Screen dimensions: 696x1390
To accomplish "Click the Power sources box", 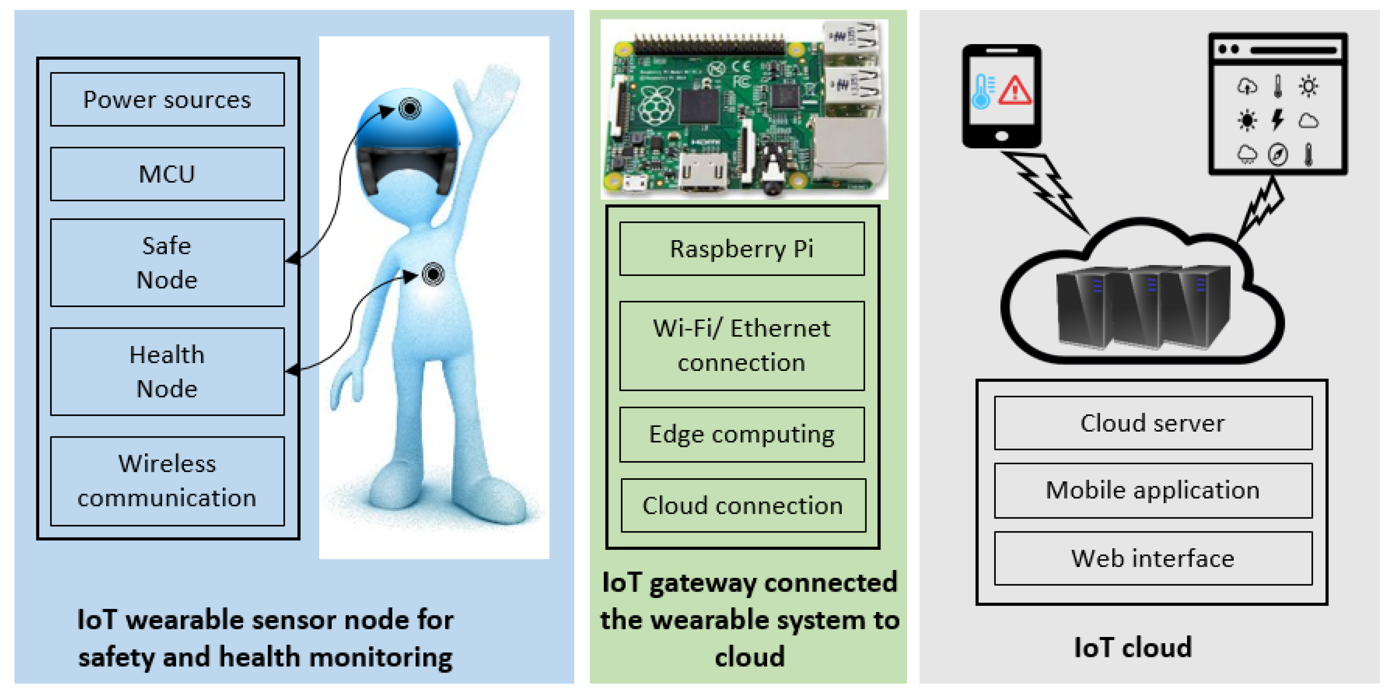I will [x=167, y=100].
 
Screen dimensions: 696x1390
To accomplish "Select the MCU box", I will [x=167, y=174].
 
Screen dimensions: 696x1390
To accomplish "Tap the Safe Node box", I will [x=167, y=263].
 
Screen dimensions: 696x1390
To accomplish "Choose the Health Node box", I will [x=167, y=371].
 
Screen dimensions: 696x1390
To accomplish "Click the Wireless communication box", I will [x=167, y=481].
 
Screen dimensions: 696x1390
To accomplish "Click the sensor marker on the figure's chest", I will [x=433, y=274].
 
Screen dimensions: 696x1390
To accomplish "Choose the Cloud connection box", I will [x=742, y=505].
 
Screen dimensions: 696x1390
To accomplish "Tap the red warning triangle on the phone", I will [x=1015, y=91].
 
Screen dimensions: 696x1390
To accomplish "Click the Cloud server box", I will [x=1153, y=423].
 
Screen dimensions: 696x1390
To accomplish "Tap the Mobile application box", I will [x=1153, y=490].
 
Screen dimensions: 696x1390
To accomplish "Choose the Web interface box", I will [x=1153, y=558].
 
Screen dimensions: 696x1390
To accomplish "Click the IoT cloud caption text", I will [x=1133, y=647].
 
